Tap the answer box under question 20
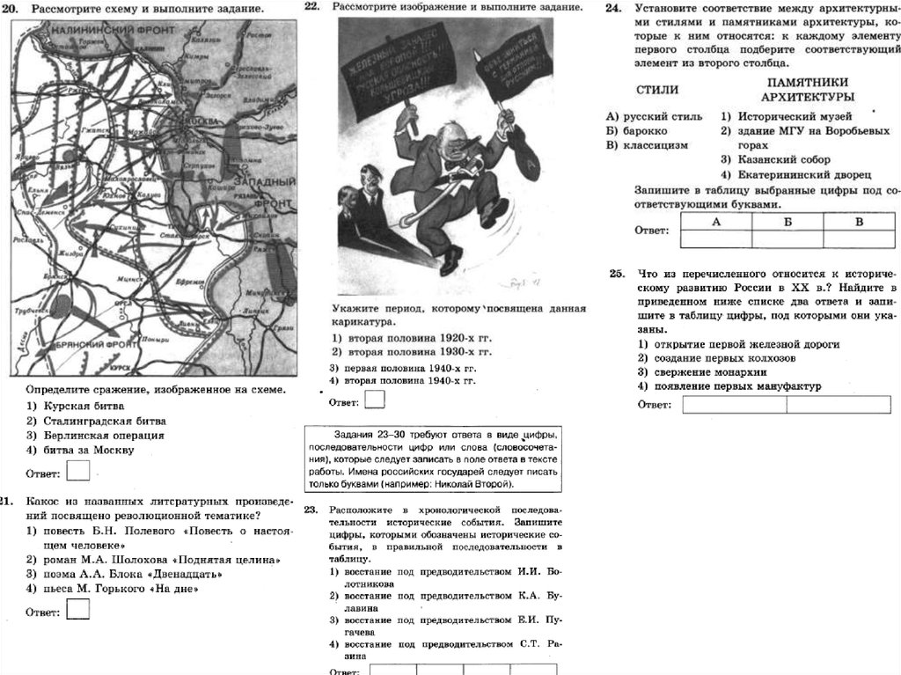pos(77,472)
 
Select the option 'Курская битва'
pos(75,407)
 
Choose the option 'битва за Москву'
pos(80,450)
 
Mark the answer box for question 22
pos(374,400)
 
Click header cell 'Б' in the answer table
pos(787,222)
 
